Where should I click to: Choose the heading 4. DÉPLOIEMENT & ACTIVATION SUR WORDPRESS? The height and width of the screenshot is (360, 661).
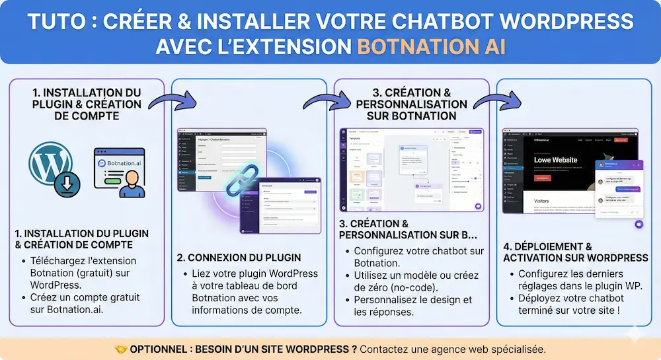pyautogui.click(x=575, y=252)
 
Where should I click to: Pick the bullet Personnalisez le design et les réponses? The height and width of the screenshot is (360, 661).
pyautogui.click(x=412, y=306)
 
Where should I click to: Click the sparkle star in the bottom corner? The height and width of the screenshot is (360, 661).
pyautogui.click(x=636, y=335)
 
